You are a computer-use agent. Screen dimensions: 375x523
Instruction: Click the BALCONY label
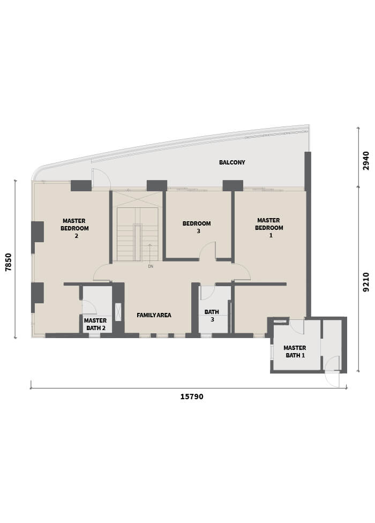(x=232, y=162)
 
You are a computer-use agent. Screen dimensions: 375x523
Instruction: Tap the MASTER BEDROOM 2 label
(x=74, y=228)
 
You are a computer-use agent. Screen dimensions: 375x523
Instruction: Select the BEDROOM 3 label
(x=197, y=227)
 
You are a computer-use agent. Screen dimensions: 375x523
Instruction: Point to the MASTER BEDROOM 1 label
(x=269, y=228)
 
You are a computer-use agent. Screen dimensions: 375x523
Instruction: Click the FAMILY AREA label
(x=154, y=315)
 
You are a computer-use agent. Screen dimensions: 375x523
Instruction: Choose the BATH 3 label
(x=212, y=316)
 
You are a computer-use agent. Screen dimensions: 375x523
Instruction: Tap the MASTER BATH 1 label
(x=295, y=352)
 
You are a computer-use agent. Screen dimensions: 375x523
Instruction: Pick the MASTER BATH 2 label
(x=95, y=324)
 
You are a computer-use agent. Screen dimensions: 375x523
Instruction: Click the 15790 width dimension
(x=192, y=397)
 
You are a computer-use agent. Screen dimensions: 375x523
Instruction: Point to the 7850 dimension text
(x=9, y=262)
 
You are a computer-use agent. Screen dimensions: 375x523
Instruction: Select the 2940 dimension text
(x=366, y=161)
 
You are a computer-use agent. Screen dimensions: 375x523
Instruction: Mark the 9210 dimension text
(x=366, y=282)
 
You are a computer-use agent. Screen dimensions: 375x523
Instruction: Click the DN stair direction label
(x=151, y=266)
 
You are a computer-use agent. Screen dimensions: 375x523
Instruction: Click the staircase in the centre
(x=137, y=234)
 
